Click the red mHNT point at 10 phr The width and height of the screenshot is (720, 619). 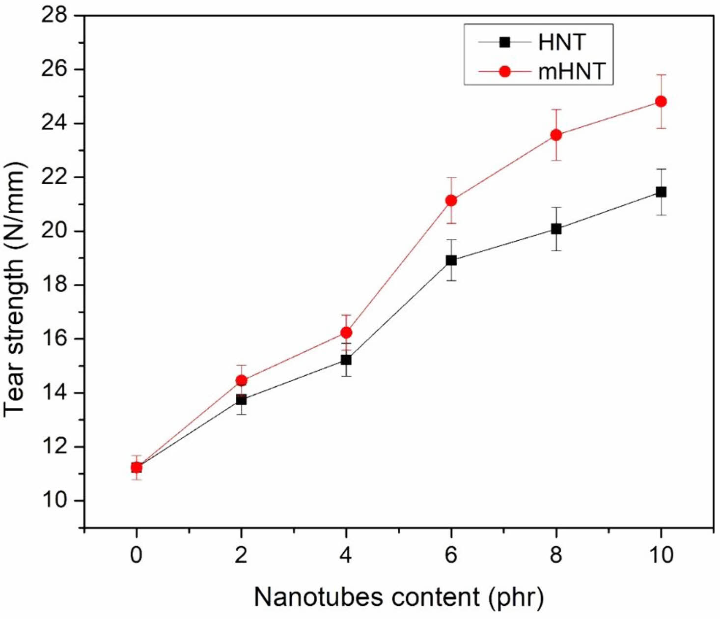point(661,101)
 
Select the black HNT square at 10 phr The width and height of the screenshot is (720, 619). point(661,192)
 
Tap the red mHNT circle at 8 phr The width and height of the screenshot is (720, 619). point(556,135)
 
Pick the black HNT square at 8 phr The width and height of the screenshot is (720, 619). point(556,228)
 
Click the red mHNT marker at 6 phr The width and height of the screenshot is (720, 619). point(451,200)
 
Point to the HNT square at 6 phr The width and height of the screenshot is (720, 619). point(451,260)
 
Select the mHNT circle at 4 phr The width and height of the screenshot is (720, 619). point(346,333)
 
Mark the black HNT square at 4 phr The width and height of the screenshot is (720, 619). point(346,360)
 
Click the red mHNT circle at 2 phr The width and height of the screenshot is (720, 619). point(241,380)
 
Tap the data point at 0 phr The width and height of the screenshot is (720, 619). point(137,467)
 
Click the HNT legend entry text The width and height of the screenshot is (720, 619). point(562,43)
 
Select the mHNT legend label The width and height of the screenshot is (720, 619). point(571,72)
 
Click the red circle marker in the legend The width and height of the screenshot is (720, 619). point(504,72)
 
